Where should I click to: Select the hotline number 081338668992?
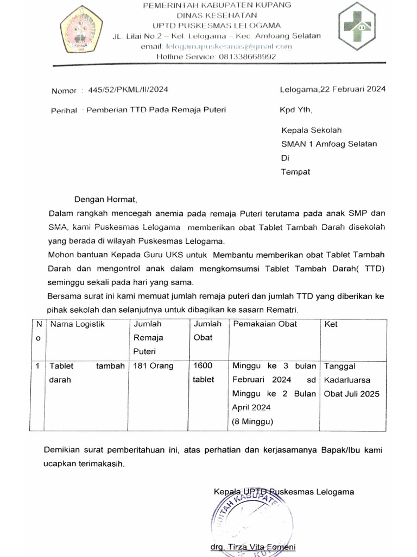pos(246,57)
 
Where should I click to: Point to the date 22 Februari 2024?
pos(353,89)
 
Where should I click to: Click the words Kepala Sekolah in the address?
pos(311,131)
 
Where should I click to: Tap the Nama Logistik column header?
pos(77,324)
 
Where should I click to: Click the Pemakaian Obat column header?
pos(265,324)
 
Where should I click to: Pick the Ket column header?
pos(331,324)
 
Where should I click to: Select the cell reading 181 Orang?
pos(154,366)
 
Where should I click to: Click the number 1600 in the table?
pos(203,366)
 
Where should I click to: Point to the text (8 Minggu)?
pos(253,420)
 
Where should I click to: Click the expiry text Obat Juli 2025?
pos(352,394)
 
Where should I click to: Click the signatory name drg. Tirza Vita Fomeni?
pos(253,547)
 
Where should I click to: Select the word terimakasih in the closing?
pos(102,464)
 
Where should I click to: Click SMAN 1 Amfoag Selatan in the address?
pos(329,144)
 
